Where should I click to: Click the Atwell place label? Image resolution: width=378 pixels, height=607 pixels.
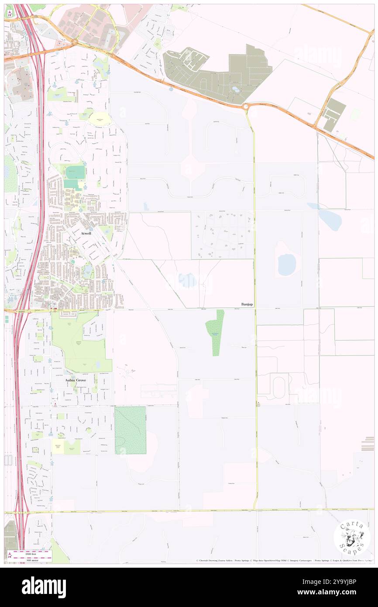[86, 234]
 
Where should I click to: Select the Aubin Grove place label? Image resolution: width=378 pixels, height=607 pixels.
[76, 380]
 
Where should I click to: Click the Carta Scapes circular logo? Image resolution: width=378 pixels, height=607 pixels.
[352, 537]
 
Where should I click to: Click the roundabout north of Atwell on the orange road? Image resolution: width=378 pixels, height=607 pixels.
[75, 42]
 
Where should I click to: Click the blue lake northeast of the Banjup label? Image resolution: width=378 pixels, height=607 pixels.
[287, 264]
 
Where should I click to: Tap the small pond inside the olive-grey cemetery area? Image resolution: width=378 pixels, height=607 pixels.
[236, 90]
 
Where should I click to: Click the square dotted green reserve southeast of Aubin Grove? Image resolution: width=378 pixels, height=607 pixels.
[130, 430]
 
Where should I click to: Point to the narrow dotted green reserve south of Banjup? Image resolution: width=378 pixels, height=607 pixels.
[215, 332]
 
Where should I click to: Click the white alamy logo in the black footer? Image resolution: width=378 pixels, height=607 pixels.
[44, 587]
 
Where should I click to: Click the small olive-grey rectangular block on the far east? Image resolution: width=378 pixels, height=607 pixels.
[335, 114]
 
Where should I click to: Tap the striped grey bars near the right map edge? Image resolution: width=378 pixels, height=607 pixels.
[368, 444]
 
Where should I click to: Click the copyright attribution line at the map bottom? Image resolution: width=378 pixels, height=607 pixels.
[284, 560]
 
